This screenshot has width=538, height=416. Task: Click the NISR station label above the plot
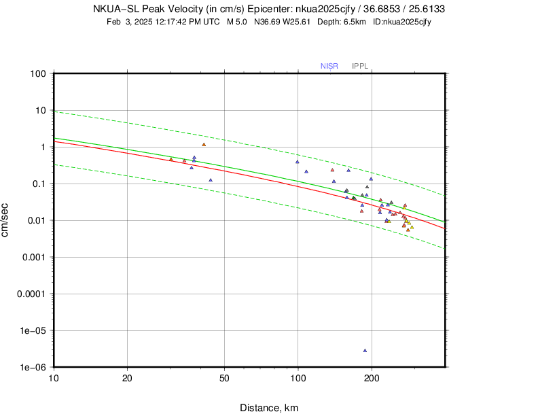point(329,66)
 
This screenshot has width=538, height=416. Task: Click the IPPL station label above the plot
point(360,66)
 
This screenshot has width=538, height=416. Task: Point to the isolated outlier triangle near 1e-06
point(365,351)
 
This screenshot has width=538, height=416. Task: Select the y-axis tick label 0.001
point(33,257)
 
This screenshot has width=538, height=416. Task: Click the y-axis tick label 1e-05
point(32,330)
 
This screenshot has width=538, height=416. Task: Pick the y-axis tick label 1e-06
point(32,367)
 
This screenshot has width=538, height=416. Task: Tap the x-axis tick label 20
point(127,379)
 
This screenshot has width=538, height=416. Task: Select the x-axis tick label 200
point(372,379)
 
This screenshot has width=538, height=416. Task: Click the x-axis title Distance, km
point(268,408)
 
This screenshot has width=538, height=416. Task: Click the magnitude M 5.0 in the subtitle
point(237,22)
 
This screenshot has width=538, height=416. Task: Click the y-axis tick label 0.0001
point(31,294)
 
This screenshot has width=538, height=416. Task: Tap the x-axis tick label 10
point(53,379)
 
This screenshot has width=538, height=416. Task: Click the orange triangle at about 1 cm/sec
point(204,144)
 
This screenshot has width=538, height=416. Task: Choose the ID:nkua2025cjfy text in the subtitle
point(402,22)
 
